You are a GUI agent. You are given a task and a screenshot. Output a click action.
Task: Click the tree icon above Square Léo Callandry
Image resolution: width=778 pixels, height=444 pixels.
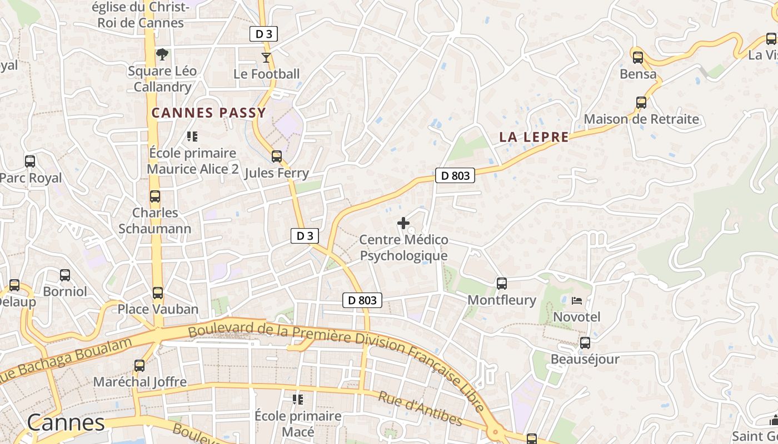[x=162, y=54]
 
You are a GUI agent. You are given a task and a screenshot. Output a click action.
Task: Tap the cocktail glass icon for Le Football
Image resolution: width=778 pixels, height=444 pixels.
[x=267, y=57]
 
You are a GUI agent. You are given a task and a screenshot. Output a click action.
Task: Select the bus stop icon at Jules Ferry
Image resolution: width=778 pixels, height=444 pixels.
[x=277, y=157]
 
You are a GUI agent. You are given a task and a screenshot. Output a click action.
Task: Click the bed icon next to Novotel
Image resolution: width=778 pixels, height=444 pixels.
[x=577, y=301]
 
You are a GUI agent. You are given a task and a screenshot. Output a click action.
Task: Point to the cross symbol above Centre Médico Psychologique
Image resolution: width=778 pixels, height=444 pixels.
[x=403, y=223]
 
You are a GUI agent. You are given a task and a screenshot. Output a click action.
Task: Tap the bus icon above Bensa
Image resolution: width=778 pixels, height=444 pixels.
[x=638, y=57]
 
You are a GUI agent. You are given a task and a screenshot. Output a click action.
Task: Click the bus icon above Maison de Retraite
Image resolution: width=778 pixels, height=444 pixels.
[x=641, y=103]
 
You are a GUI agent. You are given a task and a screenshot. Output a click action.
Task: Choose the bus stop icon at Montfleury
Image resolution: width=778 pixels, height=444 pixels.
[x=502, y=284]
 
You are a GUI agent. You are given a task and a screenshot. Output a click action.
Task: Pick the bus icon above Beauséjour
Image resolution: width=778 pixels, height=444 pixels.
[x=585, y=343]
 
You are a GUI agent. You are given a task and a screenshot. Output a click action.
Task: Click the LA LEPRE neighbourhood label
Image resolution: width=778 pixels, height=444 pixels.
[x=533, y=137]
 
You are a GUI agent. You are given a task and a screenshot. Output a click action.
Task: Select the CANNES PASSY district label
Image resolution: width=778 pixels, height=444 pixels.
[x=209, y=113]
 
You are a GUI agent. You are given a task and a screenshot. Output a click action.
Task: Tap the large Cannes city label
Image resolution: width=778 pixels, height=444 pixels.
[x=66, y=423]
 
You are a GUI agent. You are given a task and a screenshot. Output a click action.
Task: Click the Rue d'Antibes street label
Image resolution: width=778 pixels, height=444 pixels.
[x=420, y=408]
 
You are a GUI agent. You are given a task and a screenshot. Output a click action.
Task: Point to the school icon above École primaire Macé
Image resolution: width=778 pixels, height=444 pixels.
[x=298, y=399]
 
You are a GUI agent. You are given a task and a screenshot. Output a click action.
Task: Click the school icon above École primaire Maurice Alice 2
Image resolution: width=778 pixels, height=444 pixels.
[x=192, y=136]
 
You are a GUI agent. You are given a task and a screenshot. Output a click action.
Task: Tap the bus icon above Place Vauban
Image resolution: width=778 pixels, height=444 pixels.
[x=158, y=292]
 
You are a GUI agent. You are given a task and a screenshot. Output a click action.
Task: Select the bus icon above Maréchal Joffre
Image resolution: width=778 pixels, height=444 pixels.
[x=139, y=366]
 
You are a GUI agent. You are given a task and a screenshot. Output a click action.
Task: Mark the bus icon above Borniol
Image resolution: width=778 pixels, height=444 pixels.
[x=65, y=275]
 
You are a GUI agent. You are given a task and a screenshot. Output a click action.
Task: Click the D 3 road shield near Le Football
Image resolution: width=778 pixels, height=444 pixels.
[x=263, y=34]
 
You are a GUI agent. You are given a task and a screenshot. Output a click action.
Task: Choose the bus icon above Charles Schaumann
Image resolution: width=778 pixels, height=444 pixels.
[x=155, y=196]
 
